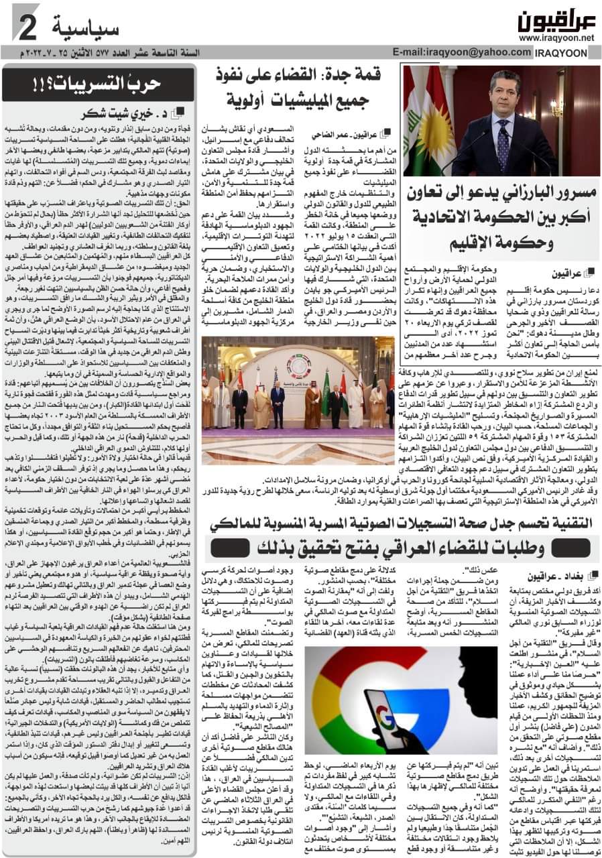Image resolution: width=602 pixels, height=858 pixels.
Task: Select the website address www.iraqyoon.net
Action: click(x=556, y=38)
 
